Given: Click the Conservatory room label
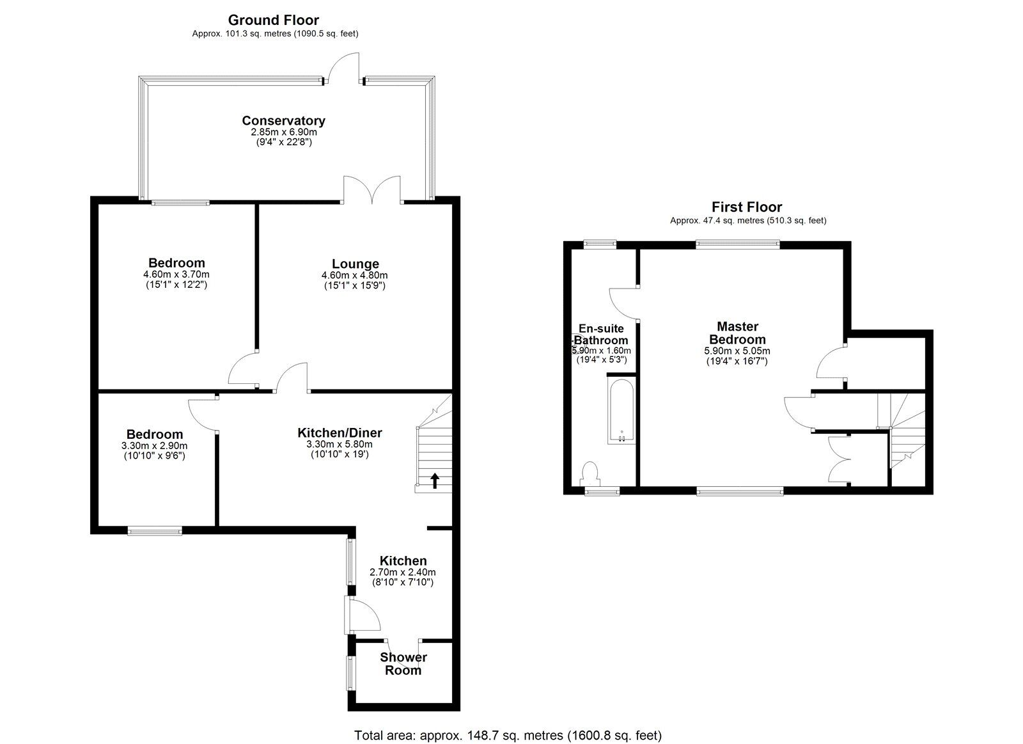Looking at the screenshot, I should [x=283, y=120].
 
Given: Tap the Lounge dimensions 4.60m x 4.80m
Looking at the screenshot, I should [x=355, y=275].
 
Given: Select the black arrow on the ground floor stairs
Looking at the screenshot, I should [x=435, y=480].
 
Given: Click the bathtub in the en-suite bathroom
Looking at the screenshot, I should [x=620, y=411].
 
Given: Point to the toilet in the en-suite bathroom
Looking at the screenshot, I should [x=590, y=474].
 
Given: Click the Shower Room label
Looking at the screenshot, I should [x=403, y=663].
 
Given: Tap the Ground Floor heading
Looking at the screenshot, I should [x=273, y=20].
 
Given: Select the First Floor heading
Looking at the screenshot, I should [x=747, y=207].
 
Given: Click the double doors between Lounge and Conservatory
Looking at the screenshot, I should [x=373, y=190].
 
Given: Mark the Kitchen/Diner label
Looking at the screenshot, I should [x=340, y=433].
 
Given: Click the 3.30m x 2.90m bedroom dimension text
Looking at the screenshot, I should [x=154, y=446].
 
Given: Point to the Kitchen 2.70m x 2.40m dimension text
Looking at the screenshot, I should [x=403, y=573].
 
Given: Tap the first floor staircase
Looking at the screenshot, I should [x=902, y=429].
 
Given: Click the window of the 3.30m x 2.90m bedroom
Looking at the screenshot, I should [x=154, y=530].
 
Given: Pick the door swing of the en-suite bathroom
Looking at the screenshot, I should [x=623, y=303].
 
